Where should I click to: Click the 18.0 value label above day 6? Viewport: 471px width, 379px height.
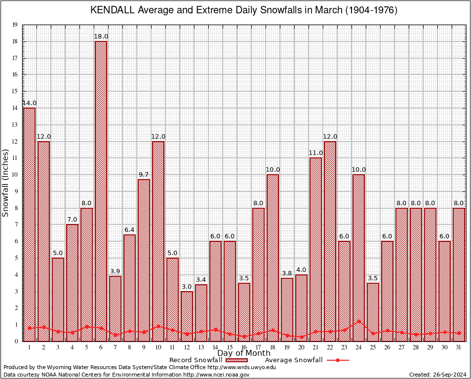[101, 37]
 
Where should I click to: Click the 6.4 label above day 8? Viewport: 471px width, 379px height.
[129, 230]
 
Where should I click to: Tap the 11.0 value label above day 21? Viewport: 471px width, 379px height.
[315, 153]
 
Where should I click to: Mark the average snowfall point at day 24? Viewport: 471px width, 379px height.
[358, 321]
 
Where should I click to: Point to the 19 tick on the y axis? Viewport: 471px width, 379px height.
[15, 25]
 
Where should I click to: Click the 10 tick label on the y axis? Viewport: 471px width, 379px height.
[15, 175]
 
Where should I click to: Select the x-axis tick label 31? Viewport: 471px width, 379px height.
[459, 347]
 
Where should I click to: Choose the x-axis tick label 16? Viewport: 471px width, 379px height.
[244, 347]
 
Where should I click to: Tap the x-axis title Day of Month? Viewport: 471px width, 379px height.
[244, 353]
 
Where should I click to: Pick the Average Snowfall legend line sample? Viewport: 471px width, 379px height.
[337, 360]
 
